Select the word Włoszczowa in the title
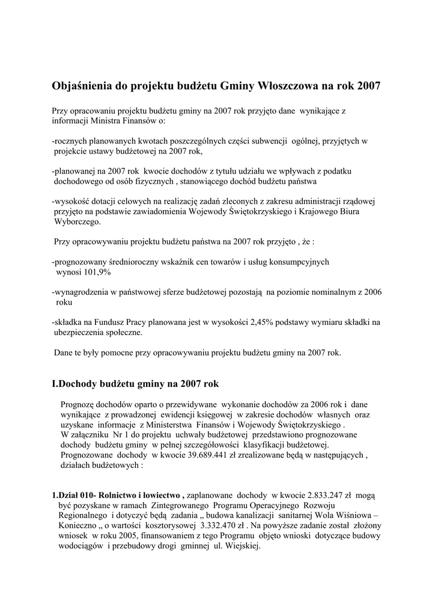(287, 86)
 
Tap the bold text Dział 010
(75, 495)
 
